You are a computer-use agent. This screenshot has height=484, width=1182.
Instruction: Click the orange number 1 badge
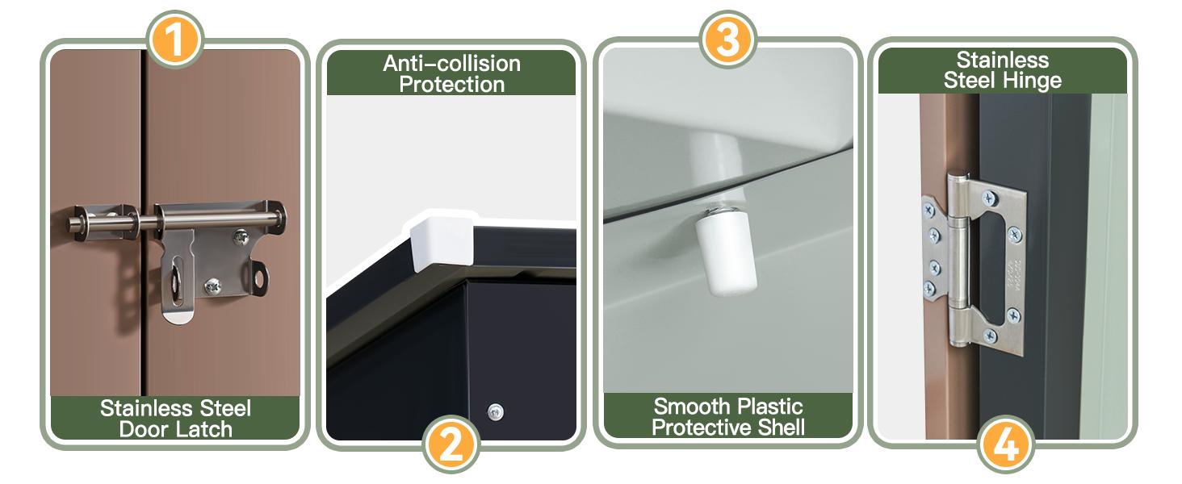[x=174, y=40]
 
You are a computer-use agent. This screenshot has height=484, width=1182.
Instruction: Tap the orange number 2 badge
[x=451, y=444]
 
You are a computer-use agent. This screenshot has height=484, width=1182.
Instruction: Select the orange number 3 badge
[x=728, y=40]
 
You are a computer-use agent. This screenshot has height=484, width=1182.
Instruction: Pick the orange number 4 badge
[x=1005, y=444]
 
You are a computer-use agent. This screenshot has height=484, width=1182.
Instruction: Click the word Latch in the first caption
[x=203, y=430]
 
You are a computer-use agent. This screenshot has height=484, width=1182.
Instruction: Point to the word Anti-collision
[x=451, y=64]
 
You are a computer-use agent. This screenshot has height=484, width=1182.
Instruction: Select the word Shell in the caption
[x=778, y=427]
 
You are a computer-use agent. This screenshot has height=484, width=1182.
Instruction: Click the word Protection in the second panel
[x=451, y=85]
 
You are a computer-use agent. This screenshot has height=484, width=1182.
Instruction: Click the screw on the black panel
[x=495, y=411]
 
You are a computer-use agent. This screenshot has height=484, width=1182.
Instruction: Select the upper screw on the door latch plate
[x=241, y=237]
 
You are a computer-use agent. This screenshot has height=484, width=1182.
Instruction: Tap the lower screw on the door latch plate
[x=212, y=286]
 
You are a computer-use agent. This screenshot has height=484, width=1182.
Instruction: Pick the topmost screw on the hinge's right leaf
[x=989, y=198]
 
